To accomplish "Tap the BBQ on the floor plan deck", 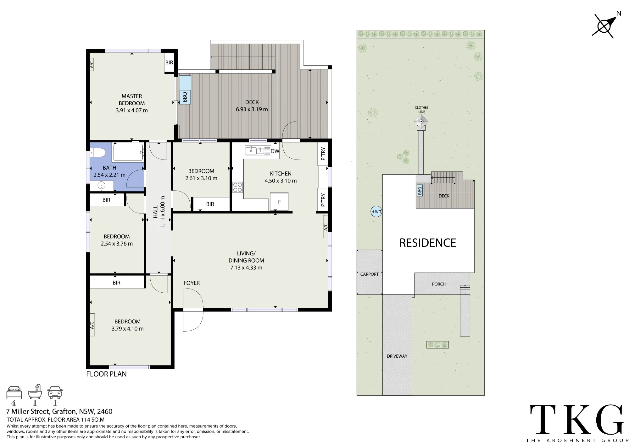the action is [185, 96].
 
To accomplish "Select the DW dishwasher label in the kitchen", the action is [275, 151].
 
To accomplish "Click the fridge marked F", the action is [279, 202].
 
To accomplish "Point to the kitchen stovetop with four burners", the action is [237, 187].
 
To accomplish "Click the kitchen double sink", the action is [258, 151].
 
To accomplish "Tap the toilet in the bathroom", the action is [97, 153].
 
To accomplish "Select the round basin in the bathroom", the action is [101, 186].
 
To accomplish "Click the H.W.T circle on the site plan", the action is [376, 212].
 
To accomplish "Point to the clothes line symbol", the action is [421, 121].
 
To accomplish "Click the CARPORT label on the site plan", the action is [370, 274].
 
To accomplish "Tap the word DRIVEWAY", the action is [397, 356].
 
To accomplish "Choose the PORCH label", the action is [439, 284].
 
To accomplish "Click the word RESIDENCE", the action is [428, 243].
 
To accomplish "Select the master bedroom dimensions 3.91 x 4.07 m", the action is [132, 110].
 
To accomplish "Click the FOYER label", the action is [192, 283].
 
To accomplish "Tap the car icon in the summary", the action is [55, 393].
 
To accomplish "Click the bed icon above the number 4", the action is [14, 393].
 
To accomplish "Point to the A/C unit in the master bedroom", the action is [92, 65].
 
